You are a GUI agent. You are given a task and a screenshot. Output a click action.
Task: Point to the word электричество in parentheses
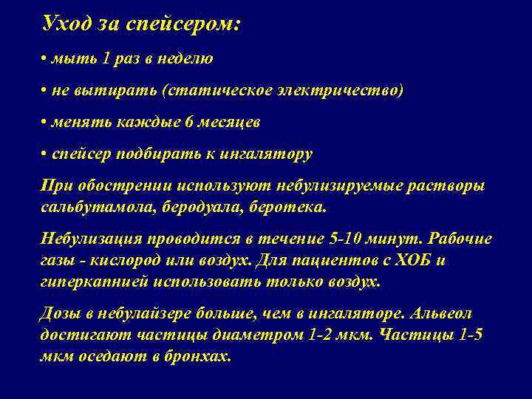pos(337,90)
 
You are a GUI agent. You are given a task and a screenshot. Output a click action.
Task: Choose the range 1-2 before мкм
pos(324,334)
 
